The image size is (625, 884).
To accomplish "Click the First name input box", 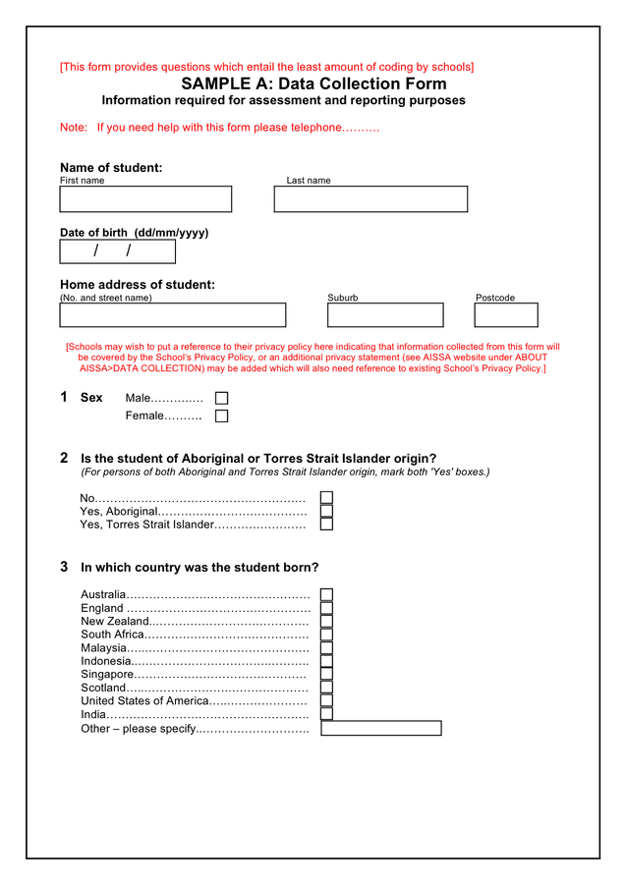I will pyautogui.click(x=145, y=199).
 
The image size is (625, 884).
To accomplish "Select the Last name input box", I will pyautogui.click(x=370, y=199).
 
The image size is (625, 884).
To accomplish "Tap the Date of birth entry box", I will pyautogui.click(x=117, y=251).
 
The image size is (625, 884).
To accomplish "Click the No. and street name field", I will pyautogui.click(x=172, y=315).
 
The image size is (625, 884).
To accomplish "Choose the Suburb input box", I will pyautogui.click(x=385, y=315).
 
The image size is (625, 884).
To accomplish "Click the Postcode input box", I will pyautogui.click(x=506, y=315).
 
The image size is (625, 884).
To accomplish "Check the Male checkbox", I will pyautogui.click(x=221, y=399).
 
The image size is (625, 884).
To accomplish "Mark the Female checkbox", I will pyautogui.click(x=221, y=416).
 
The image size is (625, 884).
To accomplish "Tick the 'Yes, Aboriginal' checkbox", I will pyautogui.click(x=326, y=512).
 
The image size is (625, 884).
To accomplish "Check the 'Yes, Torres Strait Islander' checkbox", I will pyautogui.click(x=326, y=525).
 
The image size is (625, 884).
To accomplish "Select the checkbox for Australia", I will pyautogui.click(x=326, y=595).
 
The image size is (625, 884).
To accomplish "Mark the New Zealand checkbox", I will pyautogui.click(x=326, y=622).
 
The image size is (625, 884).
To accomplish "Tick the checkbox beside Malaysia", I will pyautogui.click(x=326, y=648).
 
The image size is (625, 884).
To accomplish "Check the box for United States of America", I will pyautogui.click(x=326, y=701).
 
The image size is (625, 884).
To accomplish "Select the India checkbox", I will pyautogui.click(x=326, y=714).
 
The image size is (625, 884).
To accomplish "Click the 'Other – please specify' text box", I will pyautogui.click(x=381, y=729).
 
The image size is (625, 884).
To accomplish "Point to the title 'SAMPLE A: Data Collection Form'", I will pyautogui.click(x=313, y=84).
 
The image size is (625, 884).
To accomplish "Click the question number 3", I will pyautogui.click(x=64, y=567).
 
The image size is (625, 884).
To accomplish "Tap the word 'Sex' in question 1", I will pyautogui.click(x=91, y=398).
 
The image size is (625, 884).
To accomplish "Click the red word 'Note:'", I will pyautogui.click(x=74, y=128).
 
